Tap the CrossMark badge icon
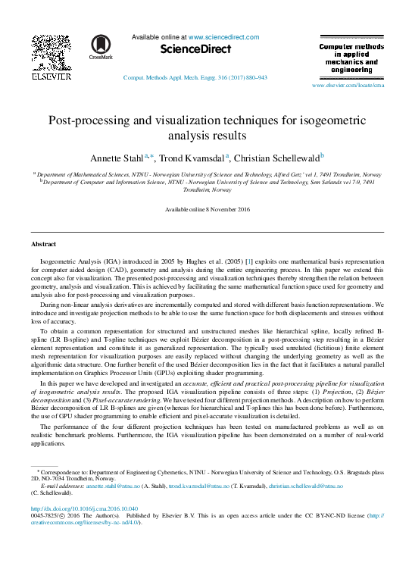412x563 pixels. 99,45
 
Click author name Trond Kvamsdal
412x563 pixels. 194,158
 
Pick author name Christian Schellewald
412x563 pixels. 276,158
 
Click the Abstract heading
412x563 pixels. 42,245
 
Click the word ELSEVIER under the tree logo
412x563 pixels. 51,77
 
